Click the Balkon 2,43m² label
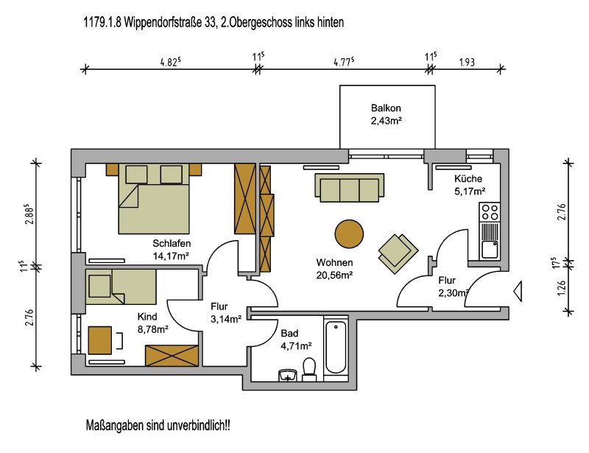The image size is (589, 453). (386, 114)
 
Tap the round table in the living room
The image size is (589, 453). (349, 233)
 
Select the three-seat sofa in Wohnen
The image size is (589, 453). (349, 188)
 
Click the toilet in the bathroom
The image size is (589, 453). (309, 370)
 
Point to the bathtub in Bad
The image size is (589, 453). (336, 347)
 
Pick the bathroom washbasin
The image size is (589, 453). (288, 375)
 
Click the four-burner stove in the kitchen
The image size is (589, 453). (490, 212)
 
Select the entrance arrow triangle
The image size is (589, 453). (518, 291)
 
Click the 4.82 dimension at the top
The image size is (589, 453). (171, 62)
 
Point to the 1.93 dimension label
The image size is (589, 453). (467, 62)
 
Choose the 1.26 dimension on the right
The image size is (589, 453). (561, 288)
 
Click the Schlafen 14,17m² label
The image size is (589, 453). (172, 249)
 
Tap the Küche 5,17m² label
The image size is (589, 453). (469, 185)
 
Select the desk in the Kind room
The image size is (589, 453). (100, 340)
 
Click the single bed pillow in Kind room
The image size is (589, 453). (99, 286)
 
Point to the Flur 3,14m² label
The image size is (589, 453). (225, 313)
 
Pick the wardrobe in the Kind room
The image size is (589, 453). (172, 355)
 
